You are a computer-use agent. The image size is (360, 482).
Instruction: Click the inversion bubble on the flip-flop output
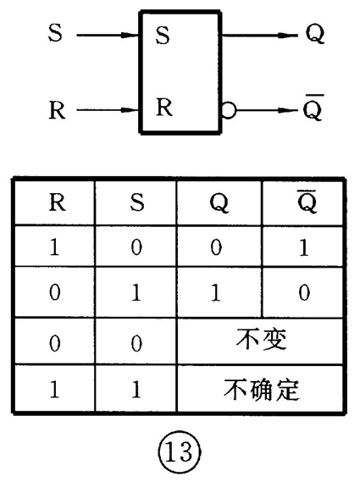(x=229, y=110)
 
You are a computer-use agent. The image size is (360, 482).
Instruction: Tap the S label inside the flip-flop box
(x=163, y=35)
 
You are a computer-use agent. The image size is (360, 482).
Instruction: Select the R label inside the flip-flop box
(x=164, y=107)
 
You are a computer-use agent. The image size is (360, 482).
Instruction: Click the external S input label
(x=55, y=32)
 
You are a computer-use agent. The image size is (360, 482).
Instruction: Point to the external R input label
(x=58, y=110)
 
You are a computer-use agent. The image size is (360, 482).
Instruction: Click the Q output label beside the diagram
(x=315, y=34)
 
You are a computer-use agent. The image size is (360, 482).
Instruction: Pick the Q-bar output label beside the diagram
(x=313, y=108)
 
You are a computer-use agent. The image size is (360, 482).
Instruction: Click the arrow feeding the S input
(x=108, y=35)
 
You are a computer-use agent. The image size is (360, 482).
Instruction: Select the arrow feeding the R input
(x=108, y=110)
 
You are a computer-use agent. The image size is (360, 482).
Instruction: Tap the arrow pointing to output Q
(x=260, y=36)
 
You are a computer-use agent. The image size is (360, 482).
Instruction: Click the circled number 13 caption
(x=180, y=452)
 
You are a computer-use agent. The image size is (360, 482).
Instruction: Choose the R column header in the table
(x=58, y=202)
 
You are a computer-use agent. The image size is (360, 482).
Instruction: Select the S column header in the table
(x=137, y=202)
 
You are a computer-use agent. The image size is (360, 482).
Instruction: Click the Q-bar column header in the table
(x=307, y=202)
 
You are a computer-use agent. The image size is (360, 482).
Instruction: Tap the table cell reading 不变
(x=261, y=340)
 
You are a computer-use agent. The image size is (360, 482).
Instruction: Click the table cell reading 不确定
(x=261, y=390)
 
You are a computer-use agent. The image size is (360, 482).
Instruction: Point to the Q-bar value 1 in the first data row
(x=304, y=247)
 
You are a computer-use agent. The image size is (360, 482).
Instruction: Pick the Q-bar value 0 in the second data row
(x=304, y=292)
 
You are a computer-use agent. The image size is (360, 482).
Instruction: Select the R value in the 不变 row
(x=55, y=343)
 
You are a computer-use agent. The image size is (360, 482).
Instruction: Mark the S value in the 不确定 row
(x=136, y=390)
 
